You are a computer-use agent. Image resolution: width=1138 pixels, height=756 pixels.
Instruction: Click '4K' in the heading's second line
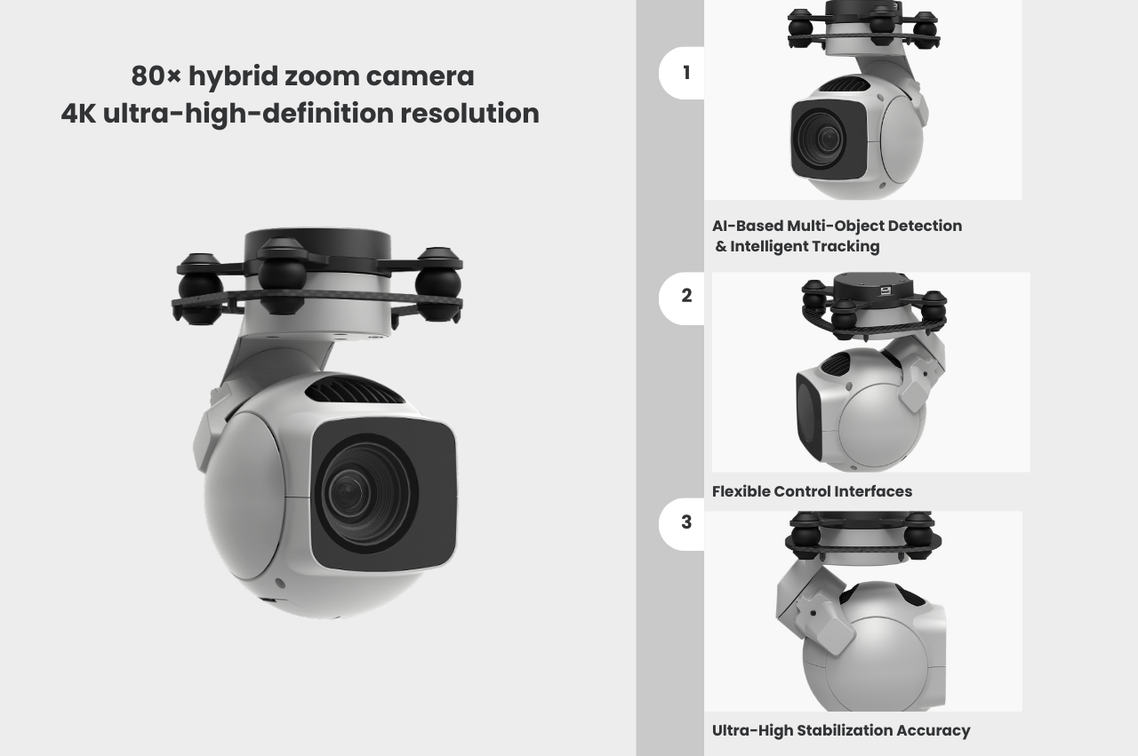[78, 113]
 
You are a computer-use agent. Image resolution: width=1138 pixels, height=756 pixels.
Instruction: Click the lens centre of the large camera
[348, 490]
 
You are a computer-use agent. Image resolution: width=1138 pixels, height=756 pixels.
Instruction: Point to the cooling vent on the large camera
[354, 390]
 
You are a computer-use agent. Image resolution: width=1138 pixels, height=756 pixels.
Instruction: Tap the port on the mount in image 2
[886, 290]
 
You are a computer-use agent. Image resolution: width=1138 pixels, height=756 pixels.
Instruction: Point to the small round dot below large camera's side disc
[279, 583]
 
